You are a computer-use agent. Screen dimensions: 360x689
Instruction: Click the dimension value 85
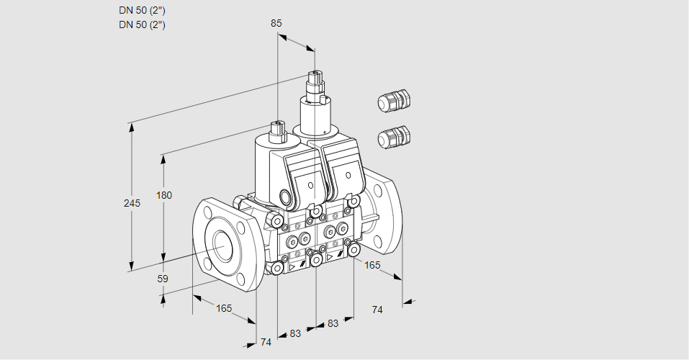pyautogui.click(x=276, y=23)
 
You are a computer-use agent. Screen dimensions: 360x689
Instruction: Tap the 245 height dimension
pyautogui.click(x=132, y=203)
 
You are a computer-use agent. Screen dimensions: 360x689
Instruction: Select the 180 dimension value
pyautogui.click(x=164, y=195)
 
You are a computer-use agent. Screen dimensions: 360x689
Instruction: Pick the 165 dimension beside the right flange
pyautogui.click(x=372, y=265)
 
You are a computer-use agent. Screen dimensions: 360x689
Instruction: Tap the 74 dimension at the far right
pyautogui.click(x=377, y=310)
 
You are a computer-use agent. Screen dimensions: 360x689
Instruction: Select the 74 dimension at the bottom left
pyautogui.click(x=266, y=342)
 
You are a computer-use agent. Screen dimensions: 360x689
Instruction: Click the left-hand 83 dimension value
pyautogui.click(x=296, y=333)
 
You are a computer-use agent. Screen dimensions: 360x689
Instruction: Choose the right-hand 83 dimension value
pyautogui.click(x=333, y=323)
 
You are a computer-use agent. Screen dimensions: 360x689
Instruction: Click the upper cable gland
pyautogui.click(x=393, y=101)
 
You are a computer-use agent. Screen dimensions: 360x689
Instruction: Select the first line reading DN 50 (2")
pyautogui.click(x=142, y=10)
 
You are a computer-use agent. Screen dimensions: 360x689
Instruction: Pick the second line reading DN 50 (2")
pyautogui.click(x=142, y=24)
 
